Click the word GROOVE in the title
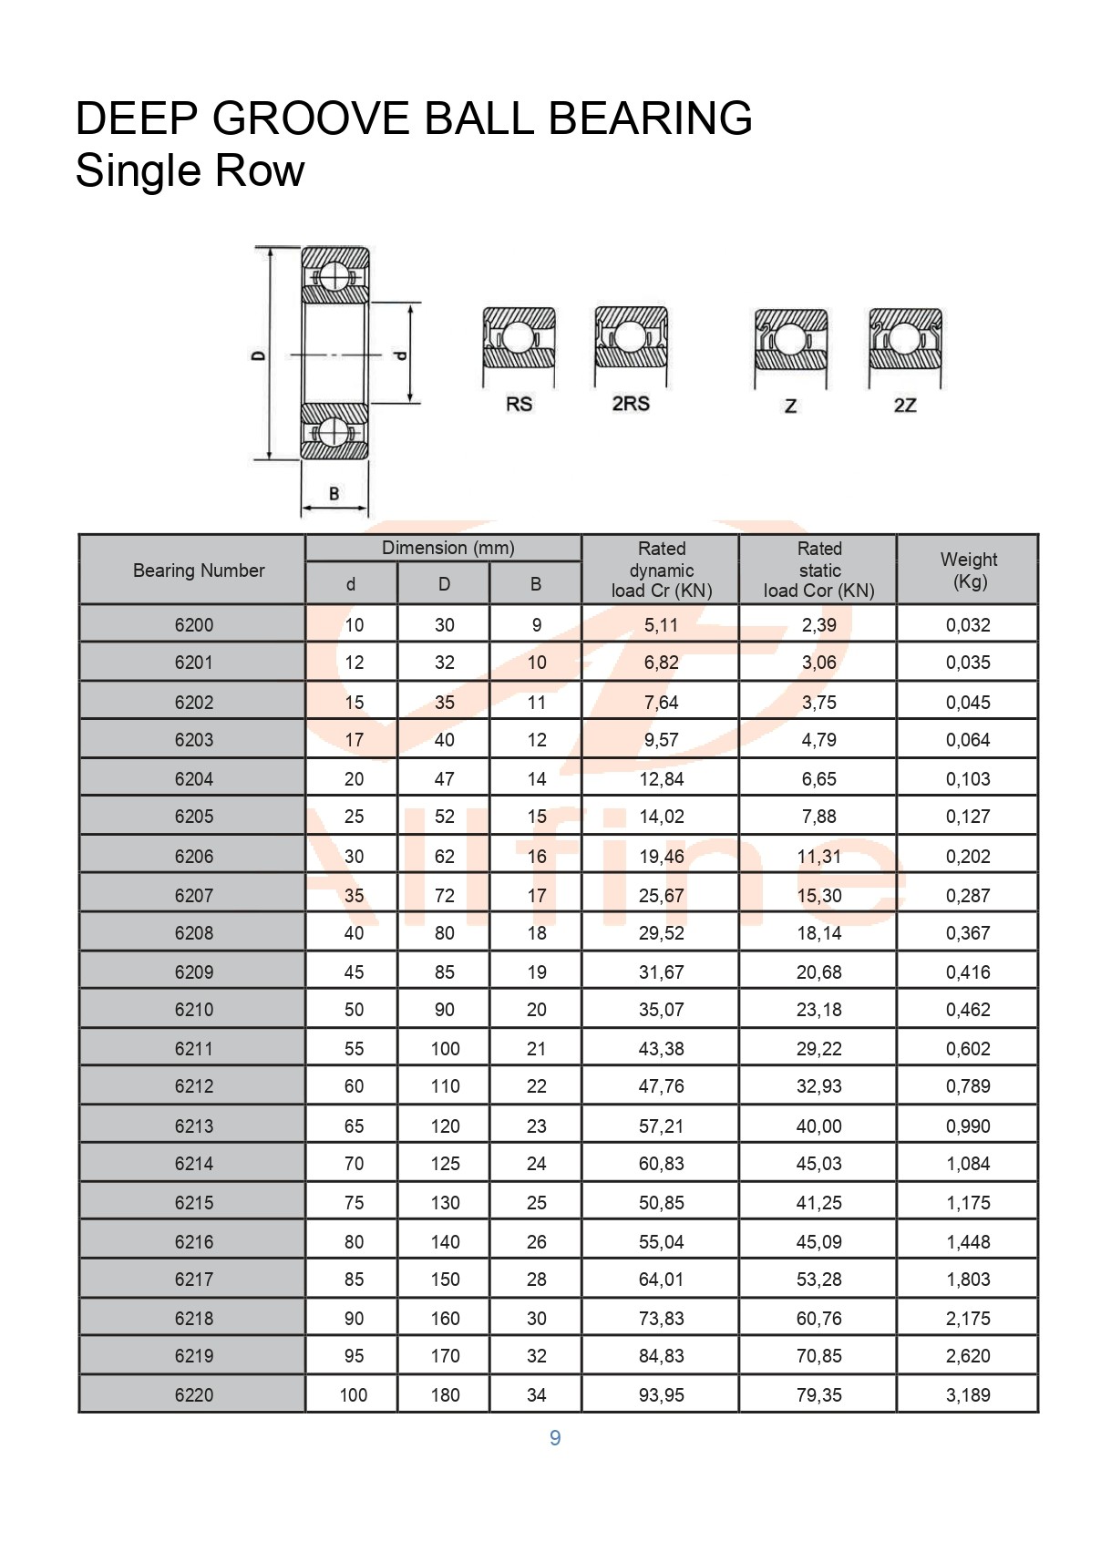(311, 118)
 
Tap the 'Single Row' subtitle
(190, 170)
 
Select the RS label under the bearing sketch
(519, 404)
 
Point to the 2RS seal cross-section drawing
(631, 338)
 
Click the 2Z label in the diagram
(904, 406)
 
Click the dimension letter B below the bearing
(334, 494)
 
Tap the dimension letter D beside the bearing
(259, 355)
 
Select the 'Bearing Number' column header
(199, 571)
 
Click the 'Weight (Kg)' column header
(968, 571)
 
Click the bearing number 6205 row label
(194, 817)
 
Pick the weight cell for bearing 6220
(968, 1395)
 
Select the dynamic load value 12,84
(661, 779)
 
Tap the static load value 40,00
(818, 1126)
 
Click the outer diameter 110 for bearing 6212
(445, 1086)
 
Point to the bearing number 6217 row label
(194, 1280)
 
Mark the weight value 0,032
(968, 625)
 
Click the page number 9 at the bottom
(555, 1438)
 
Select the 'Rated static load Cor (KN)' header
(818, 571)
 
